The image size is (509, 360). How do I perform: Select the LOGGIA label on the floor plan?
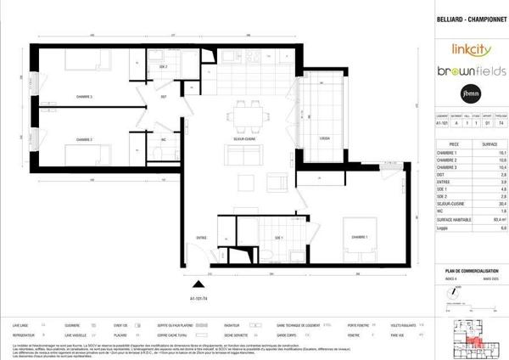[x=325, y=138]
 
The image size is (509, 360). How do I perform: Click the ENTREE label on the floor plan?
[x=201, y=237]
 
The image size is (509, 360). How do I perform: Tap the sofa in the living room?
[x=239, y=154]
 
